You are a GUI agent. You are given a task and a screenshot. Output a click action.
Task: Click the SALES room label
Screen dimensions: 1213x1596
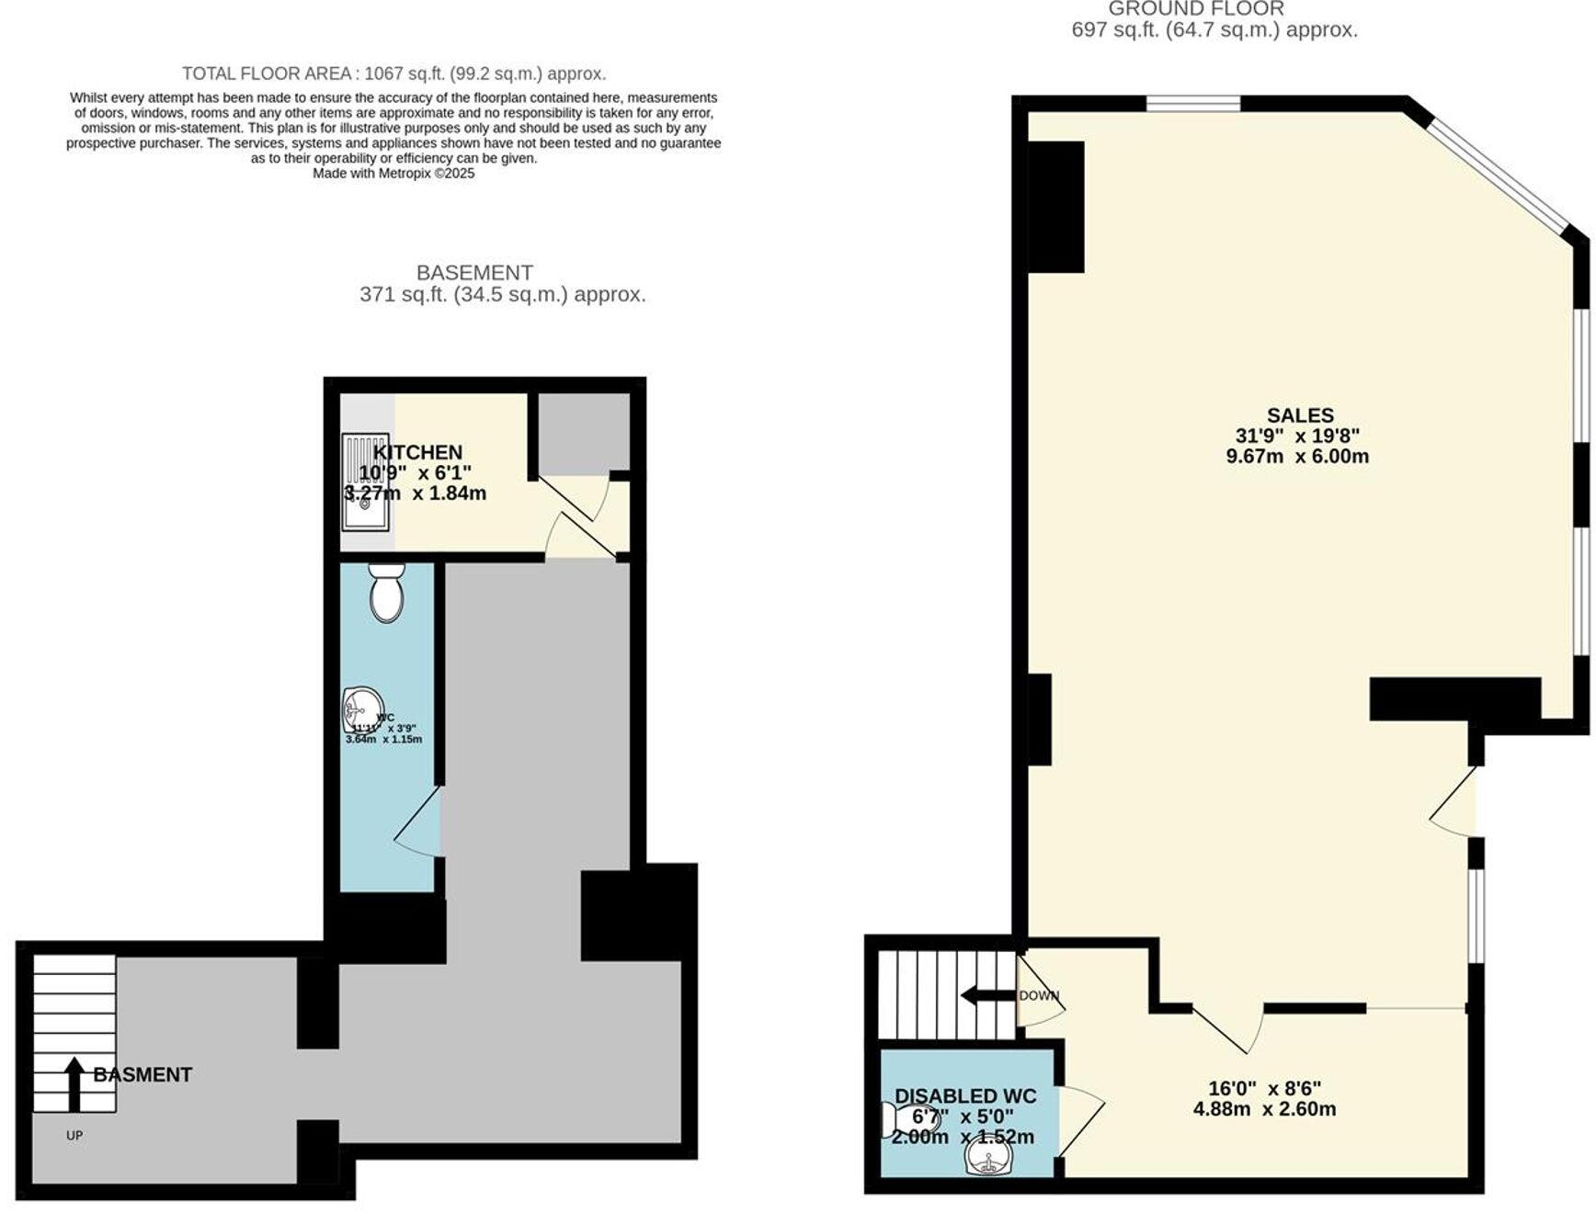click(x=1299, y=415)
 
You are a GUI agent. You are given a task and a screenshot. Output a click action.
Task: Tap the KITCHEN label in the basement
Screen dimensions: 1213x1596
click(x=417, y=452)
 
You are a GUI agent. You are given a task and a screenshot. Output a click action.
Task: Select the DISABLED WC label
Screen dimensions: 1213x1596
click(x=965, y=1096)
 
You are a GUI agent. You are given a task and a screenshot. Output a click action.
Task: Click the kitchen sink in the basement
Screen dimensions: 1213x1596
click(x=365, y=483)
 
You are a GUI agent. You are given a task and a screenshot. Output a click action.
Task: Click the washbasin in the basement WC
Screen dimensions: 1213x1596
click(x=360, y=709)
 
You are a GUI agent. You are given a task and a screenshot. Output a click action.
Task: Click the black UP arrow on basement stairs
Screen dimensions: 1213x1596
click(x=74, y=1084)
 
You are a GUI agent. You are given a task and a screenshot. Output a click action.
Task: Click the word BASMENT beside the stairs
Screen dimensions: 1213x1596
click(x=142, y=1074)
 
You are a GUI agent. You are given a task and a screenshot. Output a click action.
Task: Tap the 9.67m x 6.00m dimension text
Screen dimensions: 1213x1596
click(x=1297, y=457)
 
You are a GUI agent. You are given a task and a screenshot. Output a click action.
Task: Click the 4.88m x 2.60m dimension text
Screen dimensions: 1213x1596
click(x=1264, y=1109)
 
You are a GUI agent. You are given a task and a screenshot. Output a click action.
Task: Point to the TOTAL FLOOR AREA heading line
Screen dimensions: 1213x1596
click(x=393, y=74)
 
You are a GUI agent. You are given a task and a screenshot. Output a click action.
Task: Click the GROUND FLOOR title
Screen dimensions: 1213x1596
click(x=1195, y=9)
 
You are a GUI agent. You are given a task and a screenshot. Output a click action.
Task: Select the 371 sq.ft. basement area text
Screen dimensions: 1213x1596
click(x=502, y=295)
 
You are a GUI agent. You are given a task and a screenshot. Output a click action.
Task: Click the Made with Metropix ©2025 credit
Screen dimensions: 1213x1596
click(x=393, y=173)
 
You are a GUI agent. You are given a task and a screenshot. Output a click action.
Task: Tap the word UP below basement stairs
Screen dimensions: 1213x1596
click(x=74, y=1136)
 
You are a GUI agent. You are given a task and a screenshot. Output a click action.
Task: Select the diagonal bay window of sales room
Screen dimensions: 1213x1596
click(x=1498, y=175)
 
